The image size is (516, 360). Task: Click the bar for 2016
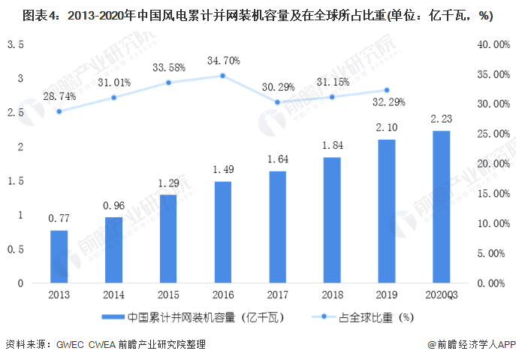(223, 232)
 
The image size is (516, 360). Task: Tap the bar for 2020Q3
(441, 207)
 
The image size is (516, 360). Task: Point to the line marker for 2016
(223, 75)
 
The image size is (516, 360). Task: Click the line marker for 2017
(278, 102)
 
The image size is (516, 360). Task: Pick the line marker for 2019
(387, 90)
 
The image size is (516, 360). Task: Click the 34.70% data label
(223, 59)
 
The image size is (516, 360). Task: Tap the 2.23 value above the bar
(441, 119)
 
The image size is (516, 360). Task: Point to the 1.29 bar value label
(168, 183)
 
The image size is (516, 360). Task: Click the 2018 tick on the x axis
(332, 295)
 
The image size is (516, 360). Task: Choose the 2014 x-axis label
(114, 295)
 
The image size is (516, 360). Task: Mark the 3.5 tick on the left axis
(16, 45)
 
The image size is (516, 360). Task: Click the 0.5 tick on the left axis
(16, 250)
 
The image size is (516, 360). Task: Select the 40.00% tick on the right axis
(493, 45)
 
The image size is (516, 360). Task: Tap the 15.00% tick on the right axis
(493, 194)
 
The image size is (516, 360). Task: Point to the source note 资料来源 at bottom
(105, 344)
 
